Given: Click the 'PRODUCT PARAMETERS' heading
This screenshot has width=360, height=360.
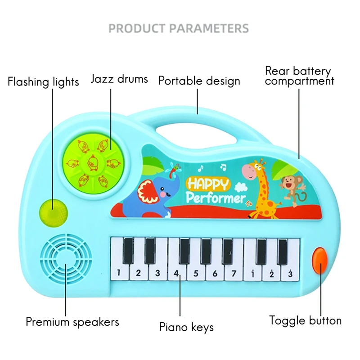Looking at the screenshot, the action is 179,28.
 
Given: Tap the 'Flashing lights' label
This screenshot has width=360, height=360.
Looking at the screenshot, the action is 43,82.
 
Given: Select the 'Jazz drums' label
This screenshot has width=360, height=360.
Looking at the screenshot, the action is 119,79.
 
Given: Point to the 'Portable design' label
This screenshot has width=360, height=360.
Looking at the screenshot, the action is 199,81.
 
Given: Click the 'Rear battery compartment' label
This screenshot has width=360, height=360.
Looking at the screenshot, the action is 299,76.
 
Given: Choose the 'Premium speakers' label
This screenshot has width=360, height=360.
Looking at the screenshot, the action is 72,322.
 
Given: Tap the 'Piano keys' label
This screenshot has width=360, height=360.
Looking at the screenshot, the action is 186,327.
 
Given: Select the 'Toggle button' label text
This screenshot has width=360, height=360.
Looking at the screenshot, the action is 306,320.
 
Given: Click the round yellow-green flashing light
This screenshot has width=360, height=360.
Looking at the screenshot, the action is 54,213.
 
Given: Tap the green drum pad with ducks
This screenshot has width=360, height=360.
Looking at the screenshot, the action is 94,163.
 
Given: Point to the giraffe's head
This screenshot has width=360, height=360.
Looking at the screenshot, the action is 254,170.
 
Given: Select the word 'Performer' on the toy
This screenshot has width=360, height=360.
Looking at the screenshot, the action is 216,198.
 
